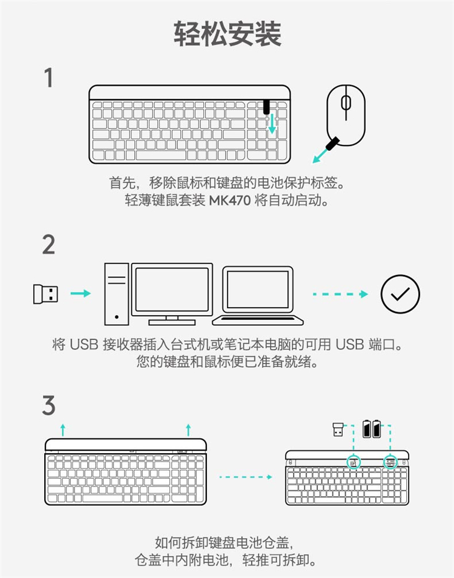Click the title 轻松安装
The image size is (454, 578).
(x=227, y=34)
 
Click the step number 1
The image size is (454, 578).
(x=48, y=78)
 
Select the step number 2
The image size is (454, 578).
(x=48, y=245)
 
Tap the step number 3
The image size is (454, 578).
(x=48, y=405)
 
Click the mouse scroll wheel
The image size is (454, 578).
(x=346, y=102)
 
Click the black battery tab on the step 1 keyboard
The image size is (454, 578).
(x=266, y=107)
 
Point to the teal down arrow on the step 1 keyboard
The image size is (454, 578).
(x=272, y=124)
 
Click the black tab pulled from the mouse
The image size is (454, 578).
(x=332, y=143)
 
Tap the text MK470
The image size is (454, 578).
(x=230, y=201)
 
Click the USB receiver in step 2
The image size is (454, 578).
(x=45, y=294)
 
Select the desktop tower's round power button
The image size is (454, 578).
(x=117, y=317)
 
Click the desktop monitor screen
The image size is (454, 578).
(x=172, y=290)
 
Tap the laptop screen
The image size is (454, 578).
(x=258, y=290)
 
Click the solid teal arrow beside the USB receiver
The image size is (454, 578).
(x=81, y=293)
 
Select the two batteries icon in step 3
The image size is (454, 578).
(x=372, y=429)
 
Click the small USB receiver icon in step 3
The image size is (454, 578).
(x=338, y=430)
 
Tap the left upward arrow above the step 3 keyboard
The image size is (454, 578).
(x=63, y=430)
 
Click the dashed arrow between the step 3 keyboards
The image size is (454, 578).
(x=246, y=477)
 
